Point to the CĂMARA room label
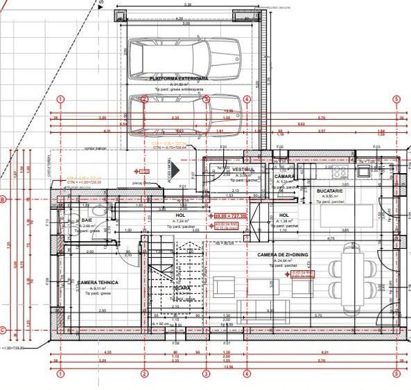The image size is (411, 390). pyautogui.click(x=284, y=177)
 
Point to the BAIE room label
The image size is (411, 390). pyautogui.click(x=87, y=220)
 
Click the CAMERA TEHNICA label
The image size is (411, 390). pyautogui.click(x=98, y=283)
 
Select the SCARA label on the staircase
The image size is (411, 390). pyautogui.click(x=182, y=287)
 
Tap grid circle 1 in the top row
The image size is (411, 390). pyautogui.click(x=61, y=99)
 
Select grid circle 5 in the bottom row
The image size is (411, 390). pyautogui.click(x=396, y=374)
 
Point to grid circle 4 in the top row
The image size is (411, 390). pyautogui.click(x=247, y=99)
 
